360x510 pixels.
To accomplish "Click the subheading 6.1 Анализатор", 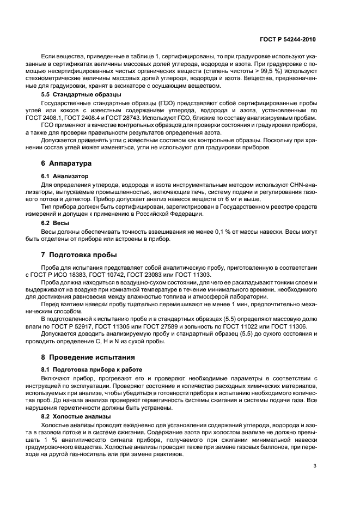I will [x=64, y=176].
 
